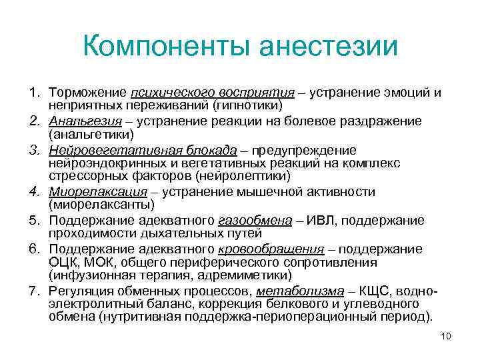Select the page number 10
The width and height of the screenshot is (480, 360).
[x=446, y=335]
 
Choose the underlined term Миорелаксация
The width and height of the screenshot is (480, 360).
[x=94, y=192]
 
